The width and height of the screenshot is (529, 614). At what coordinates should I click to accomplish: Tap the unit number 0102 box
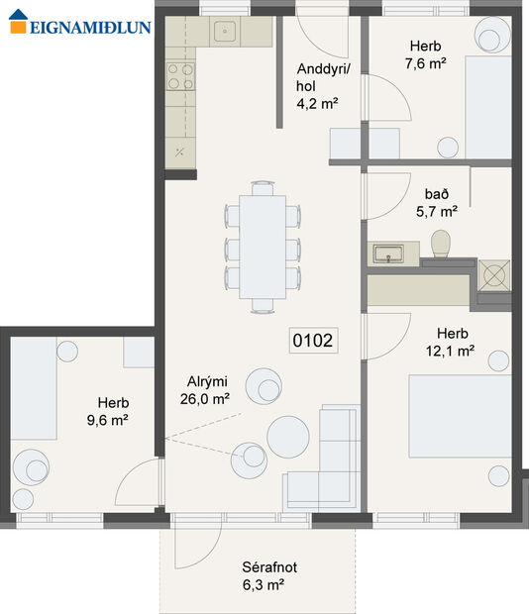[x=313, y=342]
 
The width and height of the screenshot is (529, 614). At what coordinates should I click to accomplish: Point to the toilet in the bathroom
[x=441, y=244]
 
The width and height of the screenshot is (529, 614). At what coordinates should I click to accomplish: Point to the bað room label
[x=435, y=194]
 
